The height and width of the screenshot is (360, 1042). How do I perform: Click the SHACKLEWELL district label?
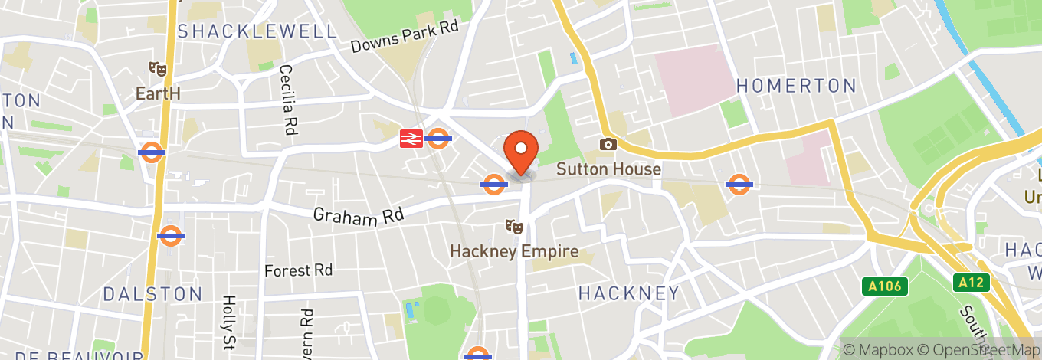(257, 31)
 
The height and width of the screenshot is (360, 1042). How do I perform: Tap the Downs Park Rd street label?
(404, 36)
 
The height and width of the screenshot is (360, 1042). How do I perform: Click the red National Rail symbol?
(411, 139)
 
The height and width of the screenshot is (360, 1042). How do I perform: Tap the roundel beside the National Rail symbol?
(438, 139)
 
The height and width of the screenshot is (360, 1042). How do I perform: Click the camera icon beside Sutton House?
(608, 144)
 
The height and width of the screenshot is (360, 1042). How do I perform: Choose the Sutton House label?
(608, 169)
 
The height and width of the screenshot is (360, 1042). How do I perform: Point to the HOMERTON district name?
(796, 86)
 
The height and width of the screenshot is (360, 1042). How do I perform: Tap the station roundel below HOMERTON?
(738, 184)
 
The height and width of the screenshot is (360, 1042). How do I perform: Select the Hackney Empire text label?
(513, 251)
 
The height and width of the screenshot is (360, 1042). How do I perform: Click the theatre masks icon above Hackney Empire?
(513, 226)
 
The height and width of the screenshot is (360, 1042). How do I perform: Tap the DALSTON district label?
(152, 294)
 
